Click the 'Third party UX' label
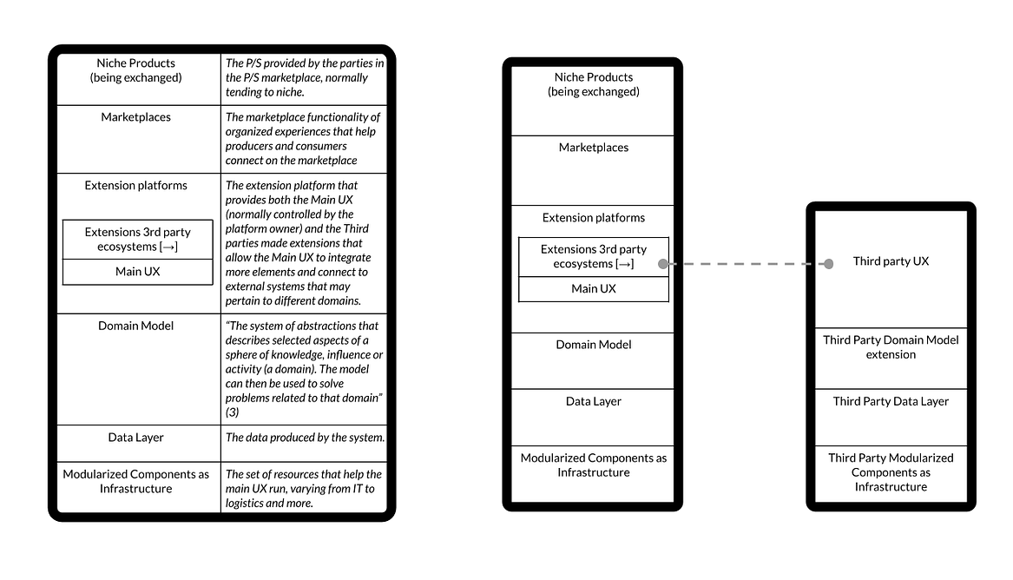pos(891,261)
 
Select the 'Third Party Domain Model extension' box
pos(891,347)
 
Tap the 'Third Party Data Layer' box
pos(891,401)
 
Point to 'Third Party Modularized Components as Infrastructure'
pos(891,472)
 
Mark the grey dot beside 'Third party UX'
pos(829,263)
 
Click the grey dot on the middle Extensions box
pos(663,263)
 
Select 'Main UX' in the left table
pos(137,272)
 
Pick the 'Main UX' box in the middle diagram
pos(594,288)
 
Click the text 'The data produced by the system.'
pos(305,438)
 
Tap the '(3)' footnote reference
pos(233,412)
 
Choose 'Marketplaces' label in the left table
pos(135,117)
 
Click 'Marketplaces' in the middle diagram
pos(594,148)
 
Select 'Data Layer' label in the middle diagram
pos(594,401)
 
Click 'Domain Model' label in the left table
pos(135,326)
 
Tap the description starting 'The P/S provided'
pos(305,77)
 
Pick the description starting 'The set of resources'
pos(304,489)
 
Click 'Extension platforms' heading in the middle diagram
pos(594,218)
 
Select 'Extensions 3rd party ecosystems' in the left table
pos(137,239)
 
